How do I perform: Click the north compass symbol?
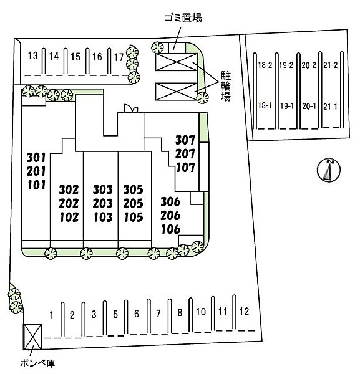[329, 170]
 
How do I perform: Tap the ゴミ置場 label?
[183, 18]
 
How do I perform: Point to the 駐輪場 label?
[226, 87]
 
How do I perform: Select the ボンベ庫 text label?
[37, 363]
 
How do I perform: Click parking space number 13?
[32, 56]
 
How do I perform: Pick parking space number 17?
[119, 57]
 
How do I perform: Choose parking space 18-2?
[265, 65]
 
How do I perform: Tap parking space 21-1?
[330, 107]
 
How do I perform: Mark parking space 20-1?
[309, 107]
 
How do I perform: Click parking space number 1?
[52, 315]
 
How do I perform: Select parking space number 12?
[244, 311]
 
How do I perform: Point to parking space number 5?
[115, 314]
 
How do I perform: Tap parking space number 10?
[201, 312]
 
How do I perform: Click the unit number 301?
[36, 158]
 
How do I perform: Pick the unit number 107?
[185, 168]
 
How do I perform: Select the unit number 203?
[103, 203]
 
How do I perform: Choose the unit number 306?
[170, 202]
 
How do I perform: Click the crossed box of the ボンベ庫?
[33, 337]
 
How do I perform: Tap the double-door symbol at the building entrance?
[131, 108]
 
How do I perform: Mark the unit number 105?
[134, 218]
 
